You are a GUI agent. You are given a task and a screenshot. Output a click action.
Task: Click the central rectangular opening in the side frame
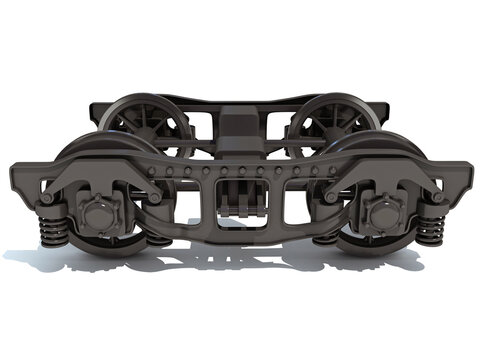coord(239,199)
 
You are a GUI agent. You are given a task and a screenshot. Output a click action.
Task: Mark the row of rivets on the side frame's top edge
coord(239,171)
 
